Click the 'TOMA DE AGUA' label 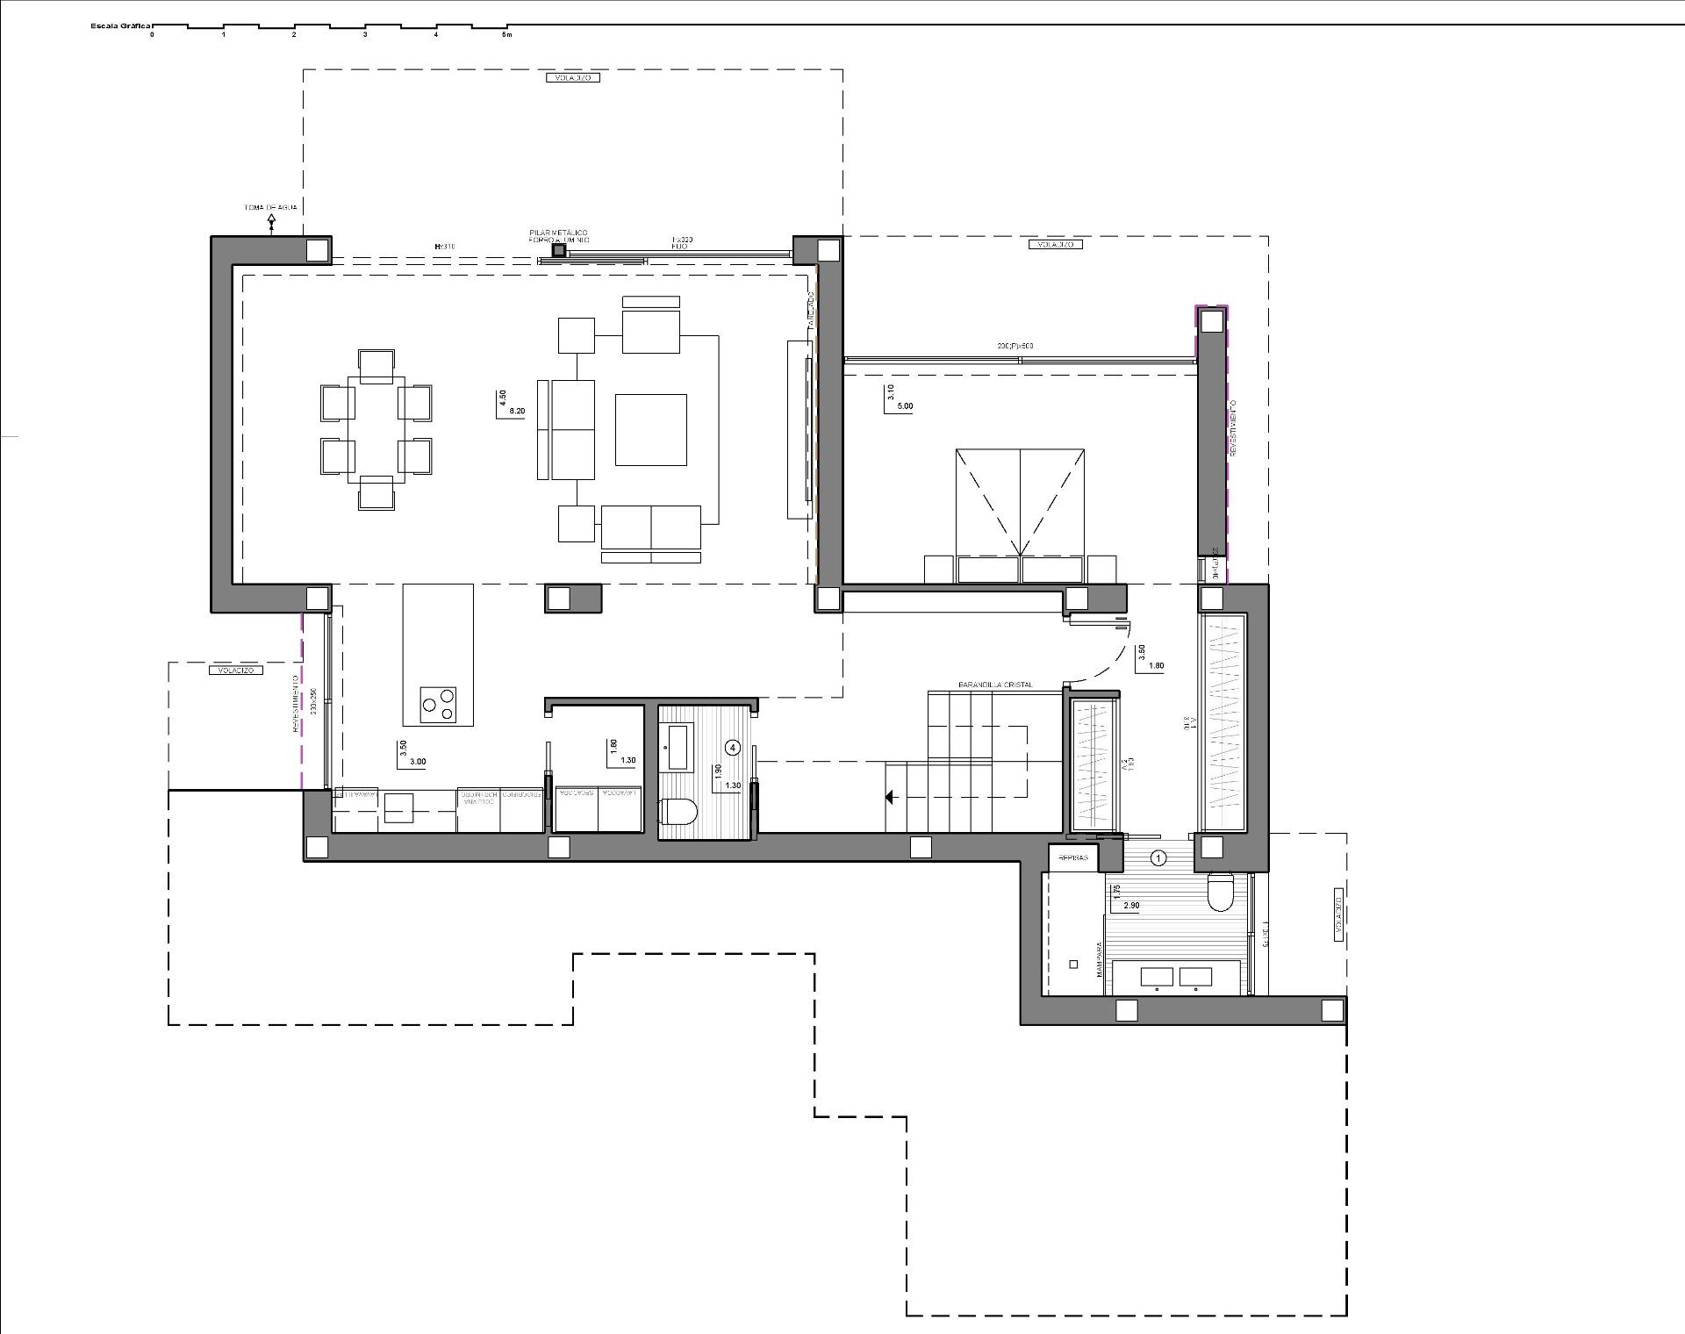(x=270, y=208)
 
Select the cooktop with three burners (x=437, y=704)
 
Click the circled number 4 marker (x=734, y=747)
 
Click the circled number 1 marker (x=1158, y=857)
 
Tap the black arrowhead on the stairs (x=889, y=798)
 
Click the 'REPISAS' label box (x=1073, y=857)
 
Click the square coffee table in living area (x=650, y=429)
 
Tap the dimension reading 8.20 (x=517, y=411)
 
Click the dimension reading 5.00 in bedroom (x=905, y=406)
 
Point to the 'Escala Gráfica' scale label (x=121, y=26)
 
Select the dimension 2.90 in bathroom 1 (x=1130, y=906)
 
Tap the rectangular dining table (x=376, y=429)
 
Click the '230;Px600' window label (x=1015, y=346)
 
